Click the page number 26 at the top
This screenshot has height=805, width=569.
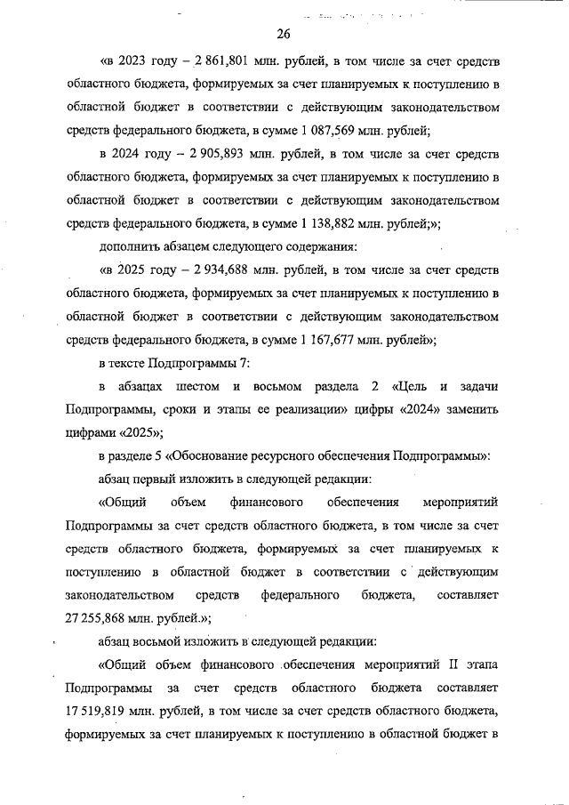pos(284,35)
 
